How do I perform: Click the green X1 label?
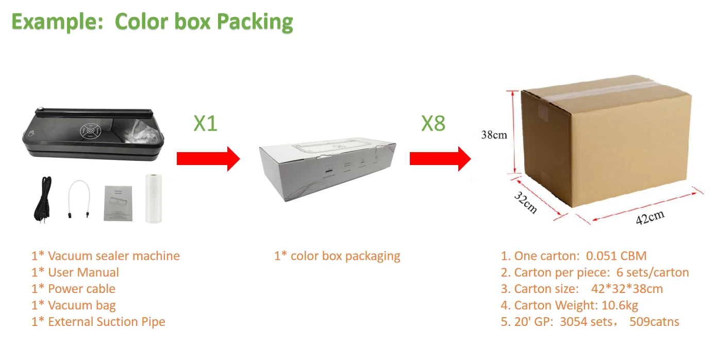[x=205, y=123]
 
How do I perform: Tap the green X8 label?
[x=433, y=123]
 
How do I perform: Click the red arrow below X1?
[x=208, y=158]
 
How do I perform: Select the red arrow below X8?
[x=440, y=158]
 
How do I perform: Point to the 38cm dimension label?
[x=494, y=136]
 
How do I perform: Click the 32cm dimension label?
[x=525, y=203]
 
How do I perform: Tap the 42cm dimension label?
[x=650, y=217]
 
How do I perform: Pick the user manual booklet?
[x=118, y=203]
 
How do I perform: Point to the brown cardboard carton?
[x=606, y=144]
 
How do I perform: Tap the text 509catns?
[x=654, y=322]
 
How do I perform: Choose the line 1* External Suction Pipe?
[x=98, y=322]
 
